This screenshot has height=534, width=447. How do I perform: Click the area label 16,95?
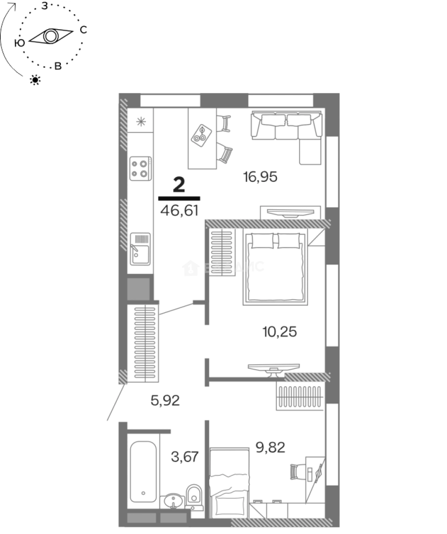261,176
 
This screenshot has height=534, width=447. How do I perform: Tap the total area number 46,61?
179,211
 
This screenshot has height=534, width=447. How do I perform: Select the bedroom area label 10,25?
279,332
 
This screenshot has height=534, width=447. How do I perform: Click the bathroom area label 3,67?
185,456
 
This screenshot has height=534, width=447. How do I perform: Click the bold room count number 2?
179,185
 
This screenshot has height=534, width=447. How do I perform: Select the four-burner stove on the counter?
140,168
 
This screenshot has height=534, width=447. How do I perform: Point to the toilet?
194,496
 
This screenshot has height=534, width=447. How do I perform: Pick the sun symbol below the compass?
35,80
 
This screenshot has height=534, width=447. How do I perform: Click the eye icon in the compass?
50,37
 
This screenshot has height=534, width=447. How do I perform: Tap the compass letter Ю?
20,44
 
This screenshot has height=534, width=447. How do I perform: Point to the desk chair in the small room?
296,471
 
